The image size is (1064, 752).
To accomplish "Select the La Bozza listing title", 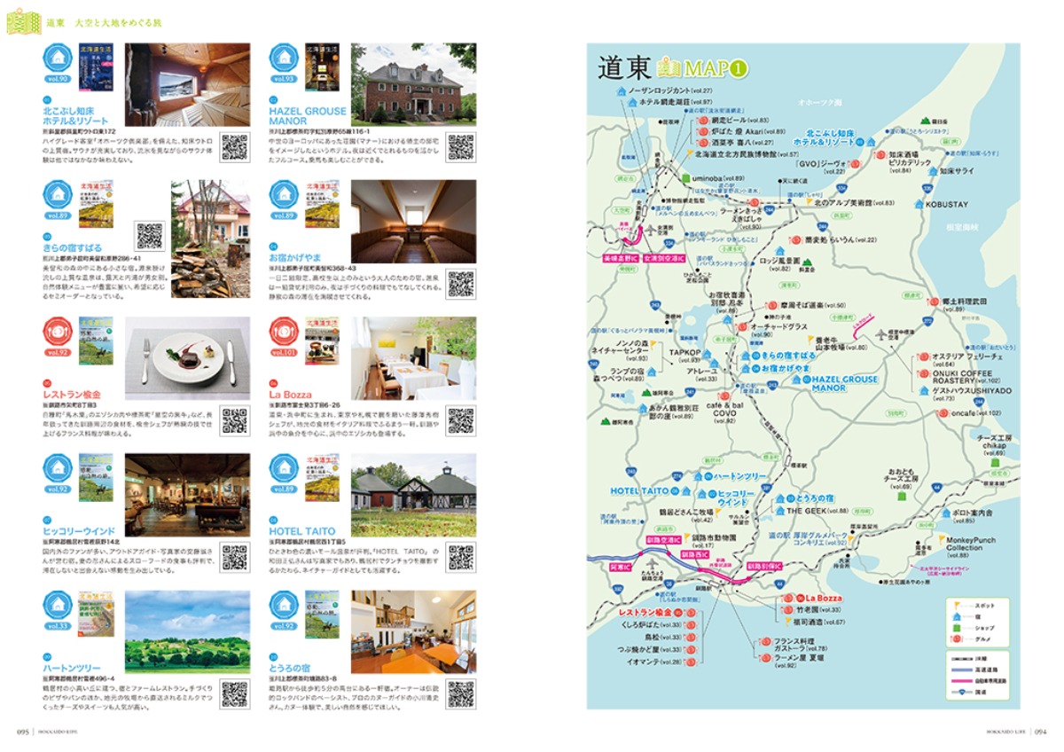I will [287, 394].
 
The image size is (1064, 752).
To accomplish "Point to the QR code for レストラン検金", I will [234, 420].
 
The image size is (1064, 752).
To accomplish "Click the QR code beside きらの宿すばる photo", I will [150, 236].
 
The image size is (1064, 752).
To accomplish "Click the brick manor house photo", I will [413, 84].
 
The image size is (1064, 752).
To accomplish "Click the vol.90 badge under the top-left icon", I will [57, 79].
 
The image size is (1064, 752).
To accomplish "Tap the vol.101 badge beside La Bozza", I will [284, 352].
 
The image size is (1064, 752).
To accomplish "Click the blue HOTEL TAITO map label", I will [639, 490].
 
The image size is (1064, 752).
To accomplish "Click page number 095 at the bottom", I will [24, 732].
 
